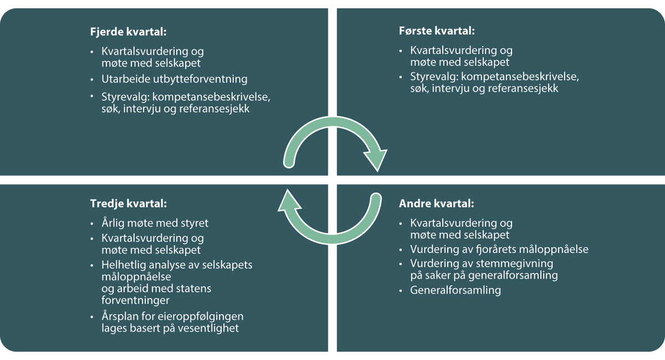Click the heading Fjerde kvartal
point(128,32)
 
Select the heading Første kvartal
point(437,31)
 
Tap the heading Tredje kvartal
point(128,204)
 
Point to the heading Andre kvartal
point(437,204)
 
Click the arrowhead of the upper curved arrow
point(376,160)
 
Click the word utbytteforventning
point(200,79)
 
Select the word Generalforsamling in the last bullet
point(456,290)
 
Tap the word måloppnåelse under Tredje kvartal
point(136,277)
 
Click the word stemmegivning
point(519,264)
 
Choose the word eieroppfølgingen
point(201,316)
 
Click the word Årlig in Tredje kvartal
point(113,223)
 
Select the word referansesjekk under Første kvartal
point(523,89)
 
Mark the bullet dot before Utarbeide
point(92,80)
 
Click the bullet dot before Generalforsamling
point(401,291)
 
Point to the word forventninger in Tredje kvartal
point(135,300)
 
